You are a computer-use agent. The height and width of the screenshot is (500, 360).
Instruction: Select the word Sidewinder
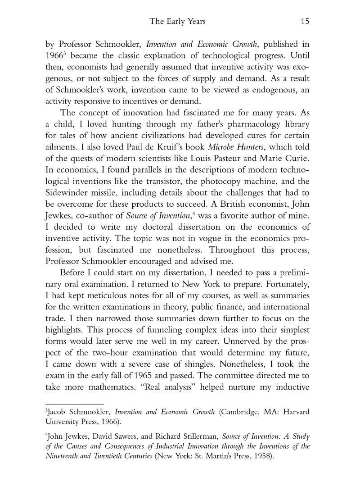68,194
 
